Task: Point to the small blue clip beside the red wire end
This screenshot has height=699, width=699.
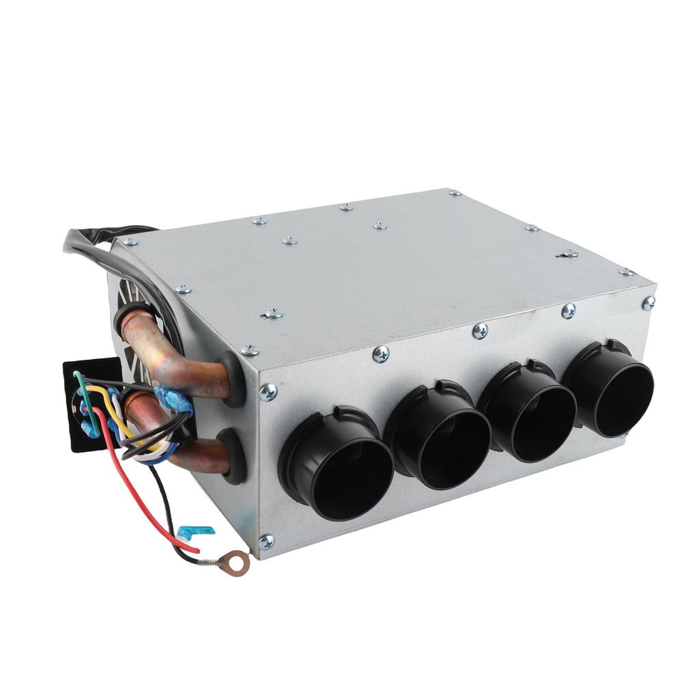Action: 196,530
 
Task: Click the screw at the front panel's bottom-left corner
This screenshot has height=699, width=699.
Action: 266,542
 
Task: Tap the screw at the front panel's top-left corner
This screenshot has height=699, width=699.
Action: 268,392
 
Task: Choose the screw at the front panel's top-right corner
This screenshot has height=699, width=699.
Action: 648,302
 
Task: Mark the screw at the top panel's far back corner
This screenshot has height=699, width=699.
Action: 455,193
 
